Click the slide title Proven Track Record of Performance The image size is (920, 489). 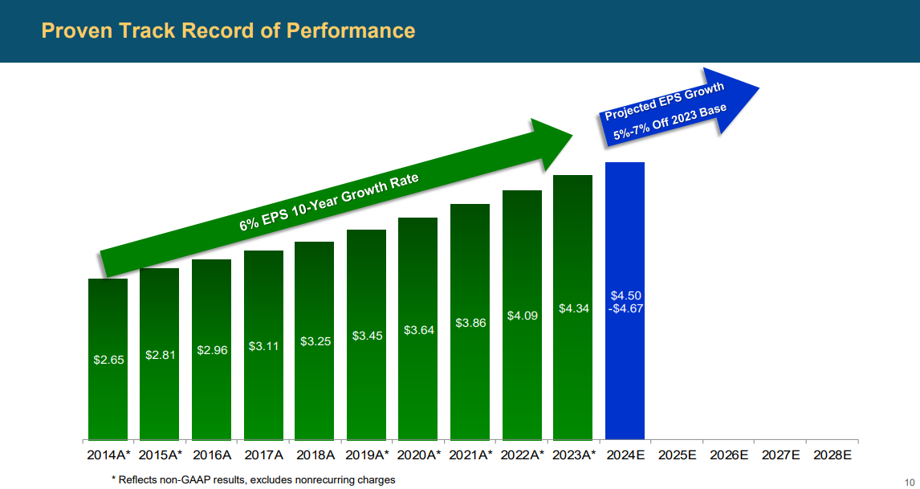tap(228, 31)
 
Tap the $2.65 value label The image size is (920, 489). tap(108, 360)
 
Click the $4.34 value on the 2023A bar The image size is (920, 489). tap(573, 308)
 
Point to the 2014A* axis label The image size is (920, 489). tap(108, 455)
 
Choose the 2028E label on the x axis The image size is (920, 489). tap(832, 455)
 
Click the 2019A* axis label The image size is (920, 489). tap(366, 455)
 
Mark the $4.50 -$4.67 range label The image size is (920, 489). tap(625, 301)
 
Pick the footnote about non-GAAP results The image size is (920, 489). tap(253, 479)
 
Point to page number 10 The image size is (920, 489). tap(909, 481)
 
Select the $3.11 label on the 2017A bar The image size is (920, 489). tap(263, 346)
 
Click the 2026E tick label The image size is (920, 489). tap(729, 455)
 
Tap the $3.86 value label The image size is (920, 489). tap(470, 323)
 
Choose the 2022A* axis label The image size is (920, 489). tap(522, 455)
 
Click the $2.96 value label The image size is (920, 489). tap(212, 350)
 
